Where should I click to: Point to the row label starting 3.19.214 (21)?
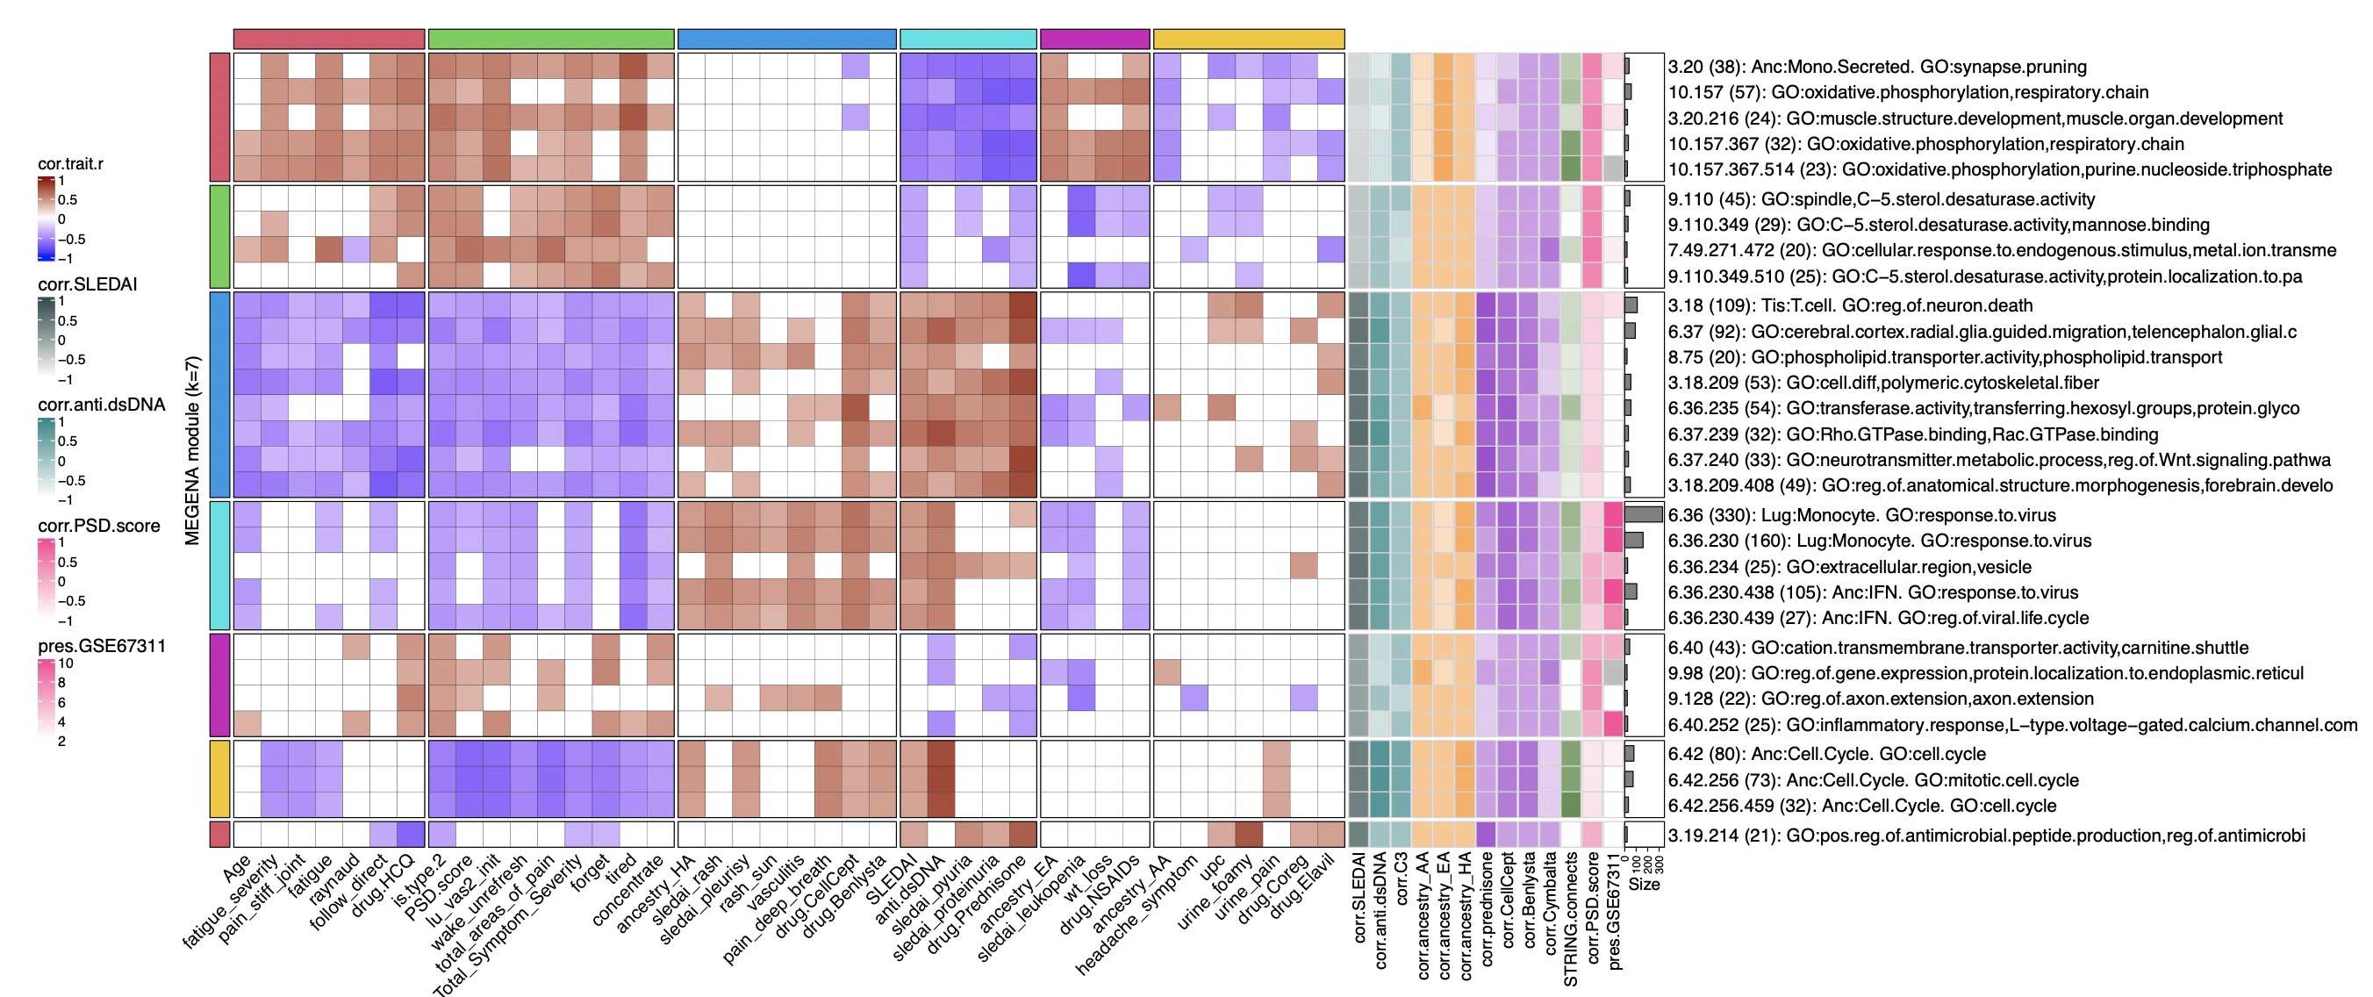point(1986,836)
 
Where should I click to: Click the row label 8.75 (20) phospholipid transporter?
point(1945,356)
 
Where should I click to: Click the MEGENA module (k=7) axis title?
point(192,450)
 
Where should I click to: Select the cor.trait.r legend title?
point(70,164)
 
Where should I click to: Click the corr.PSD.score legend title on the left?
point(98,526)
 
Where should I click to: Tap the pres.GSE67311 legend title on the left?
point(101,647)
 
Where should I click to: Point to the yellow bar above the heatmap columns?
point(1248,39)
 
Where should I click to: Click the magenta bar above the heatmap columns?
point(1094,39)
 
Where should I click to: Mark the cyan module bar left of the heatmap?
point(219,565)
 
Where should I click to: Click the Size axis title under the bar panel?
point(1644,885)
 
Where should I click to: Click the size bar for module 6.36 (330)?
point(1644,515)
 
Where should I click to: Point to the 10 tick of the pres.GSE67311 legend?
point(66,663)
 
